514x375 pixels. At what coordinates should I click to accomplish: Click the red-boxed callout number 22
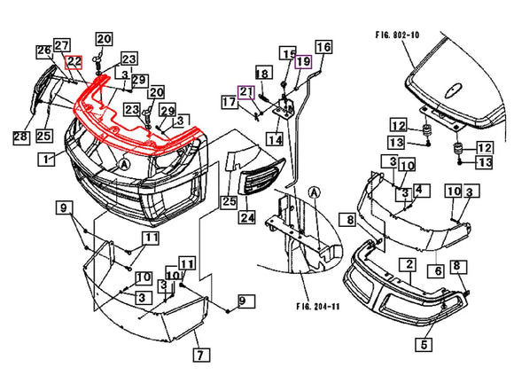(74, 62)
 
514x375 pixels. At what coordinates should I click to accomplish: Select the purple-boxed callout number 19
(304, 61)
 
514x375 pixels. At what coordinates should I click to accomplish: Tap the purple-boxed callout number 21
(246, 92)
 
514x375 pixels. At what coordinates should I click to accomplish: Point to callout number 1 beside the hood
(46, 160)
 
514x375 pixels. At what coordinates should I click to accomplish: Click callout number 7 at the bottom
(201, 355)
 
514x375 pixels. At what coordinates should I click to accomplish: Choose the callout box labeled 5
(424, 345)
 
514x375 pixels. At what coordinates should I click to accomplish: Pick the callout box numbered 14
(275, 140)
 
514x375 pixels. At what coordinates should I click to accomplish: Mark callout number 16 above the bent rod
(323, 47)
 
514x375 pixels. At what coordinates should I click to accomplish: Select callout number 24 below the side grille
(248, 217)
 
